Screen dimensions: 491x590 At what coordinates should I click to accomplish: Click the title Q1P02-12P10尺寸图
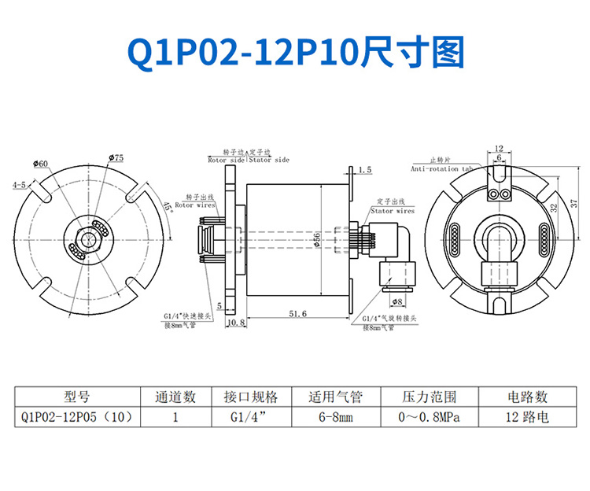[x=295, y=52]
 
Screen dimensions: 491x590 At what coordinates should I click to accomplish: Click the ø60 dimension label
[x=40, y=163]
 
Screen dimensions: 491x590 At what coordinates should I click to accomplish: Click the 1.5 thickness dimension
[x=364, y=170]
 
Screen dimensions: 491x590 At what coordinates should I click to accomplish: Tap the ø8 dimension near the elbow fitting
[x=397, y=301]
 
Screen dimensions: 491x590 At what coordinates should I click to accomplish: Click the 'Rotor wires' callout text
[x=194, y=205]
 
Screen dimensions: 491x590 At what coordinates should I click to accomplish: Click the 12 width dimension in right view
[x=500, y=148]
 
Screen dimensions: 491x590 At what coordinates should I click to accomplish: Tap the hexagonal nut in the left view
[x=87, y=237]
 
